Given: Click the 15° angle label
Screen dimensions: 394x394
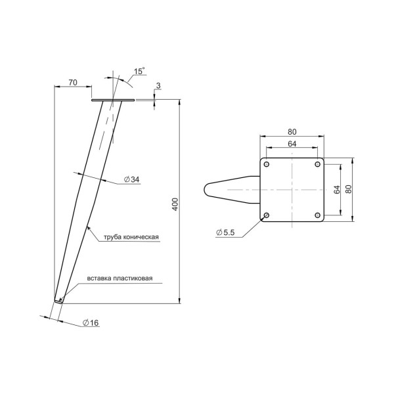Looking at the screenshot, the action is (139, 71).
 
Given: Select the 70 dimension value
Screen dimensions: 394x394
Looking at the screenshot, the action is (73, 83).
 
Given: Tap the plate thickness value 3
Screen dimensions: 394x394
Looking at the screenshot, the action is (158, 85).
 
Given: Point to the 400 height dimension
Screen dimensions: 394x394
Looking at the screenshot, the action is (175, 204).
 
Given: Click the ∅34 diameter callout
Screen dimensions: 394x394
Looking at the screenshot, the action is (132, 179).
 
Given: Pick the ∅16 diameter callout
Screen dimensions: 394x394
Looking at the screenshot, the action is (91, 322).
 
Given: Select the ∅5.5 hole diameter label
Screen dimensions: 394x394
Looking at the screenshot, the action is (225, 232).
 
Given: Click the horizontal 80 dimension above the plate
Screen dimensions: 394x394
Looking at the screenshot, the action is (292, 132).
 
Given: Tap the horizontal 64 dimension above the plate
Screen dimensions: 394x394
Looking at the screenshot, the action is (292, 144).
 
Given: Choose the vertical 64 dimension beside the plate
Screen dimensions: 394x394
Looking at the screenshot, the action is (337, 190).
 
